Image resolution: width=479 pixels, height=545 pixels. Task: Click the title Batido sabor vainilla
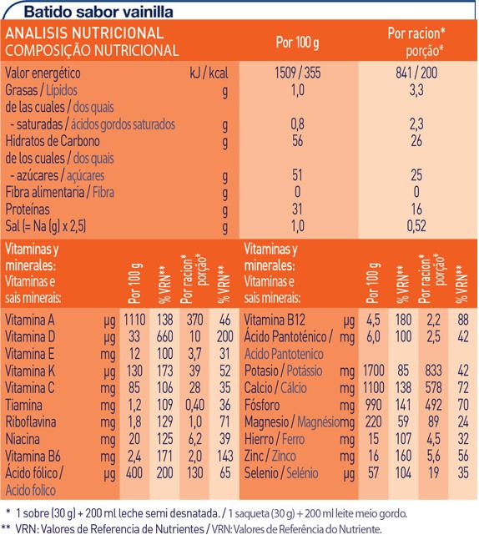pos(98,12)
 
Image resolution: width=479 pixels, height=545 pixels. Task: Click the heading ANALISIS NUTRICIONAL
pos(84,33)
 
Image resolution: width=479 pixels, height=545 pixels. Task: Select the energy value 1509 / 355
pos(298,73)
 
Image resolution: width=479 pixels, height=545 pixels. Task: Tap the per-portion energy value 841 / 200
pos(416,73)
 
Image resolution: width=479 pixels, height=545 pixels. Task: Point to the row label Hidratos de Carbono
pos(53,141)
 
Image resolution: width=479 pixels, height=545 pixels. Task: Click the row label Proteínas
pos(28,209)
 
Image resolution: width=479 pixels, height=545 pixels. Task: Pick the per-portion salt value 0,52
pos(416,226)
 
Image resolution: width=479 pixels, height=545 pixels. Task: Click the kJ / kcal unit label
pos(209,73)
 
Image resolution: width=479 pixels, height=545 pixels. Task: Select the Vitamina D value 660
pos(164,336)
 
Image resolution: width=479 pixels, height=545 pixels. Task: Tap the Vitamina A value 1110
pos(134,320)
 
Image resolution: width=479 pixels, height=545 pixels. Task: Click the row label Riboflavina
pos(31,422)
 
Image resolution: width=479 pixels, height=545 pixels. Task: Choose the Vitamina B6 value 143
pos(224,456)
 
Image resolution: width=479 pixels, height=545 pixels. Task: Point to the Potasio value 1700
pos(374,371)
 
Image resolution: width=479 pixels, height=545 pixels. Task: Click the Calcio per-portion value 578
pos(433,387)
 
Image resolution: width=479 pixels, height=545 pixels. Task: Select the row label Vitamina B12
pos(275,320)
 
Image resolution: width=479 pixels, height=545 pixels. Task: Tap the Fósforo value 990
pos(373,405)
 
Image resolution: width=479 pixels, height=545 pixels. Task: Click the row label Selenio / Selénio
pos(281,473)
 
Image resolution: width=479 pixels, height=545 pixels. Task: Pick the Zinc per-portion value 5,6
pos(433,456)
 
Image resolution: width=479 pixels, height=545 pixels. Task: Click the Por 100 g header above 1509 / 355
pos(298,43)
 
